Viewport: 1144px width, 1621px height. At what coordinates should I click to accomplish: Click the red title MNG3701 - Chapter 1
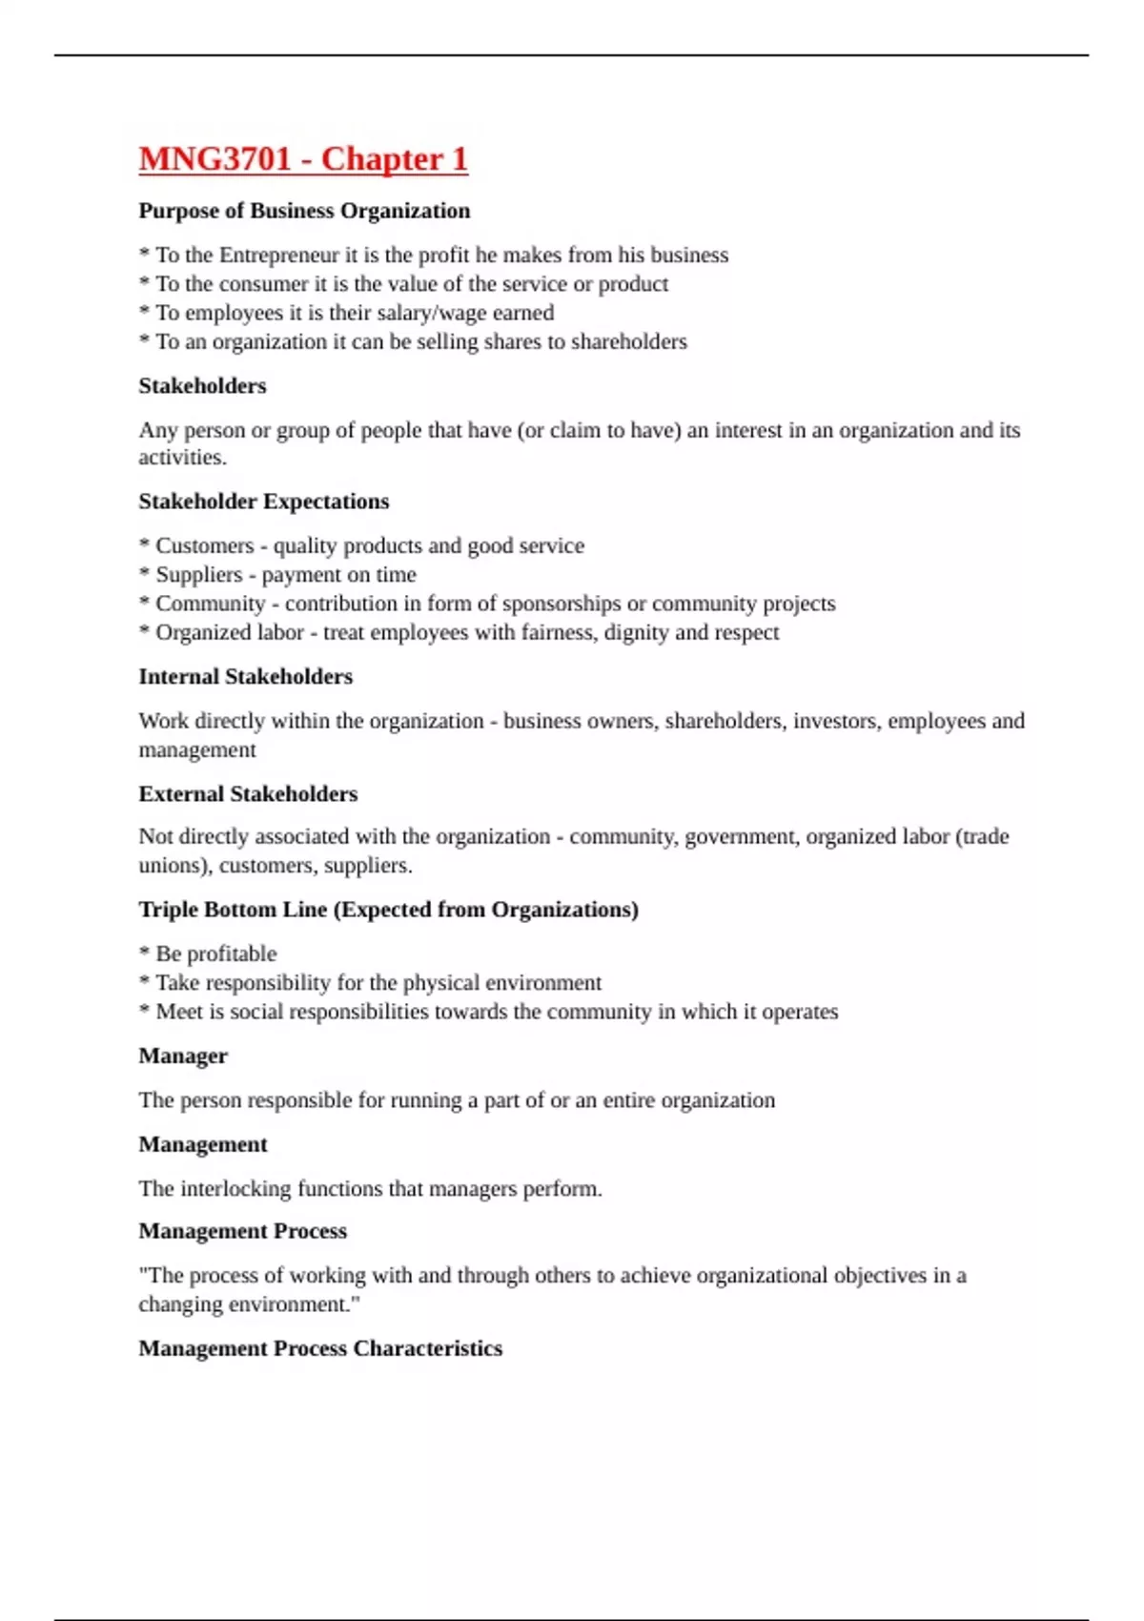[x=303, y=158]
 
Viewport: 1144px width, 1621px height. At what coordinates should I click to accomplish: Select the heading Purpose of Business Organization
[x=304, y=211]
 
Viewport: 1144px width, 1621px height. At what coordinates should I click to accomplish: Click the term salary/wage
[x=448, y=313]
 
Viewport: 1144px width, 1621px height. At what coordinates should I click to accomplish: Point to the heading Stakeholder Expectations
[x=263, y=502]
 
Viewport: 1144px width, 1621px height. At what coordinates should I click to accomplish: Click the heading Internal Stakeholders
[x=245, y=677]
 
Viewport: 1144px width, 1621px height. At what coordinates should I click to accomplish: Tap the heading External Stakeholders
[x=248, y=794]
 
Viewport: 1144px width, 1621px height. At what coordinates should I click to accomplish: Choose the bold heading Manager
[x=183, y=1057]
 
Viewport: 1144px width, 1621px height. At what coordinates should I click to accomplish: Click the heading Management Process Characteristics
[x=320, y=1348]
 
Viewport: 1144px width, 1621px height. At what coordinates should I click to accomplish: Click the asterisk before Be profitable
[x=144, y=953]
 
